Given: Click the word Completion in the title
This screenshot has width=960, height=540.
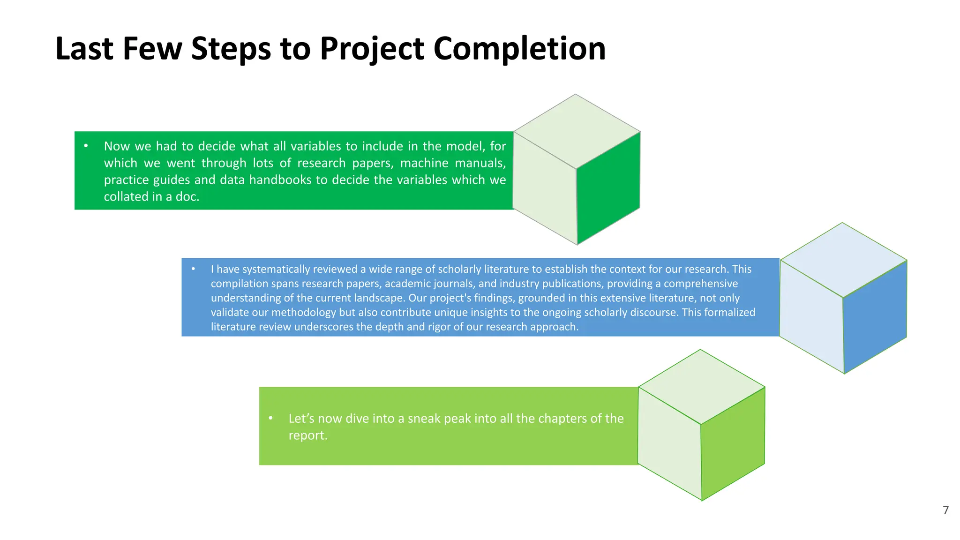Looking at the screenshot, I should tap(519, 49).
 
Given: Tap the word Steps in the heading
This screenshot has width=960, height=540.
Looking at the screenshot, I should tap(231, 49).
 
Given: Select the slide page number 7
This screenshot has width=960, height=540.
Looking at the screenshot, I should tap(945, 510).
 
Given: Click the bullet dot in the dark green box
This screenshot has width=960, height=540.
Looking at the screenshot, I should tap(86, 146).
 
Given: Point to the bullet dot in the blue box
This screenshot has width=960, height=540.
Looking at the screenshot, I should tap(193, 269).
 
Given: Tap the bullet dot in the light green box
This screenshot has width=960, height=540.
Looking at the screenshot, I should tap(270, 418).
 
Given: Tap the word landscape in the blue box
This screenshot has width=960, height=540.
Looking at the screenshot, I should tap(379, 298).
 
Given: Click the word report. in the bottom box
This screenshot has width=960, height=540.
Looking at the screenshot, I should tap(307, 435).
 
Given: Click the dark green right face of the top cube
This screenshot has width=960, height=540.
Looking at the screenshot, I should tap(608, 187).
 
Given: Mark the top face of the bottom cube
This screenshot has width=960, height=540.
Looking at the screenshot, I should tap(702, 386).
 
